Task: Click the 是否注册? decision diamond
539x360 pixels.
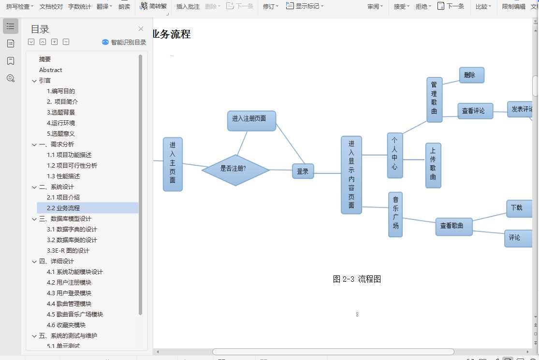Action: [235, 170]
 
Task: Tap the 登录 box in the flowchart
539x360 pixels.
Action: [303, 171]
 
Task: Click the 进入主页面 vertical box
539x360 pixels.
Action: [173, 164]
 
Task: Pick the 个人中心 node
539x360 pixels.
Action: [394, 155]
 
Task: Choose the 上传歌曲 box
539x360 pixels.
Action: [433, 165]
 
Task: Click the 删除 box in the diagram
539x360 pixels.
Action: [471, 75]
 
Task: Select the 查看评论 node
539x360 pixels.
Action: [475, 111]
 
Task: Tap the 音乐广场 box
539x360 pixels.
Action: [395, 214]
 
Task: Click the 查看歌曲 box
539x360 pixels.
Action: [453, 226]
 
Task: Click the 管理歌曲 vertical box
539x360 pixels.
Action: [434, 100]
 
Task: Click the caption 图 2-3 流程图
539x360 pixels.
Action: [357, 279]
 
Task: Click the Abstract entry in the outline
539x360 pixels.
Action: [51, 70]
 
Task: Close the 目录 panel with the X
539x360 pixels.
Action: [141, 29]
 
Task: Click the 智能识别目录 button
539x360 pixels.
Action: [124, 42]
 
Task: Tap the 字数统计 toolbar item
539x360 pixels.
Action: [79, 6]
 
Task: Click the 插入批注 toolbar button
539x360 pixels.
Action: [188, 6]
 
